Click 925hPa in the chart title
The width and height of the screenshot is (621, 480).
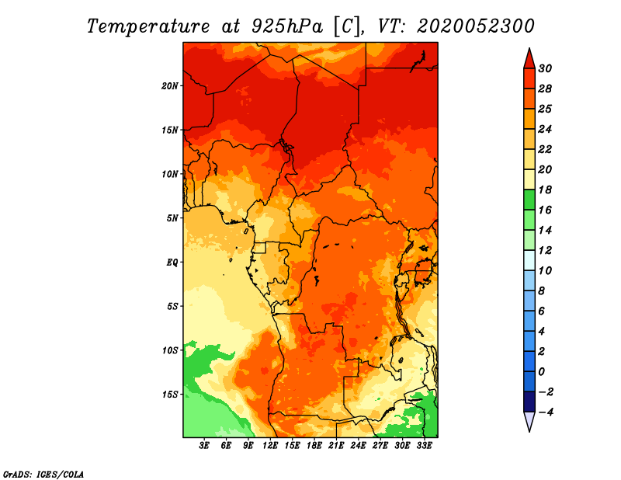(283, 26)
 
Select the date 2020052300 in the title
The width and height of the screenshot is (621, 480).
(475, 26)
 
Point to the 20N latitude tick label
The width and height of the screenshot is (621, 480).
(170, 85)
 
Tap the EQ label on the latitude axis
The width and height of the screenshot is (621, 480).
(172, 262)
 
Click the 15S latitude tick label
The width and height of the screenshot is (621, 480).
(170, 394)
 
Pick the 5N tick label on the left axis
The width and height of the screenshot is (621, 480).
(172, 217)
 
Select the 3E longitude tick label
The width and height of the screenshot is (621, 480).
(205, 446)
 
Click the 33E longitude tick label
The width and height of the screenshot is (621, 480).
(424, 446)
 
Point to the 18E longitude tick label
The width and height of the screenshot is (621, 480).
(314, 446)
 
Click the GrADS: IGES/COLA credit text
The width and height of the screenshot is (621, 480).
(43, 473)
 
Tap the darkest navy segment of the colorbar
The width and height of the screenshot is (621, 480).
(529, 402)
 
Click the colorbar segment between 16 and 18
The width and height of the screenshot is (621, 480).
(529, 200)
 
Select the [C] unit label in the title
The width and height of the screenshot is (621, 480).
(346, 26)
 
